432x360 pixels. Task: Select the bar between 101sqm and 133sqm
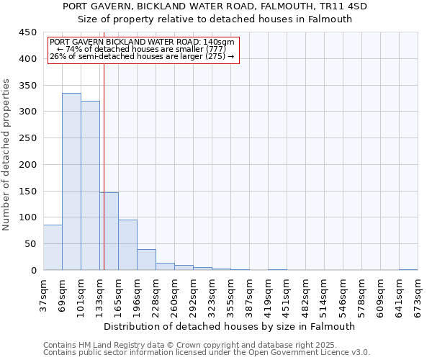coord(90,186)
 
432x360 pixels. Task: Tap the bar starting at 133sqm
coord(109,231)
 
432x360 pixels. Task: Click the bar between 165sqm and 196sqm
coord(127,245)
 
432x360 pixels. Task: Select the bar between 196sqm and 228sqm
coord(146,260)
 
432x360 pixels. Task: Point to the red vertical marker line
coord(104,180)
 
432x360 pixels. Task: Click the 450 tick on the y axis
coord(28,32)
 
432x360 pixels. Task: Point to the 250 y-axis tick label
coord(28,138)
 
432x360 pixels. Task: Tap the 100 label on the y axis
coord(28,217)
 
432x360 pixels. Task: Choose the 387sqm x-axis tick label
coord(249,294)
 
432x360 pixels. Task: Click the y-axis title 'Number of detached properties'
coord(6,156)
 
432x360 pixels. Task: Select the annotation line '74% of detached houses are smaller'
coord(141,49)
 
